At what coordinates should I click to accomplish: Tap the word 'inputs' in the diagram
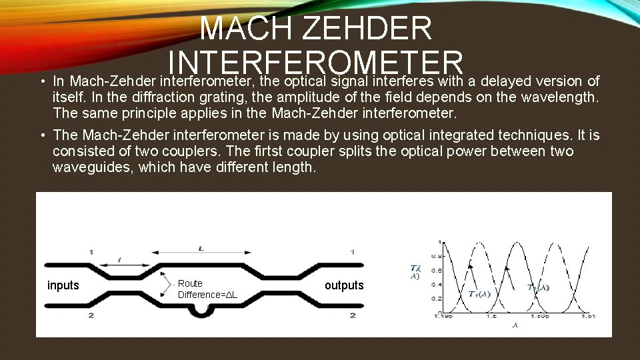(x=63, y=285)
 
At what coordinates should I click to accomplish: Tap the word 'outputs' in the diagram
(x=344, y=285)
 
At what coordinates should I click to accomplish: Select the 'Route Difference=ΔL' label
(x=207, y=289)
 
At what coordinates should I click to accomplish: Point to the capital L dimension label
(x=201, y=248)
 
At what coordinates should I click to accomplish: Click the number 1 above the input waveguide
(x=91, y=252)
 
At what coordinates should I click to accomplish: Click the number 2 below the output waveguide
(x=352, y=315)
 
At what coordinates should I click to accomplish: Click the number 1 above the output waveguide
(x=352, y=252)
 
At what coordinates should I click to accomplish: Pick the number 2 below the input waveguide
(x=91, y=315)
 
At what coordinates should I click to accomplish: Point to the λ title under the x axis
(x=515, y=325)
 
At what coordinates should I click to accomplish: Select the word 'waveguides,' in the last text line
(x=93, y=167)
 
